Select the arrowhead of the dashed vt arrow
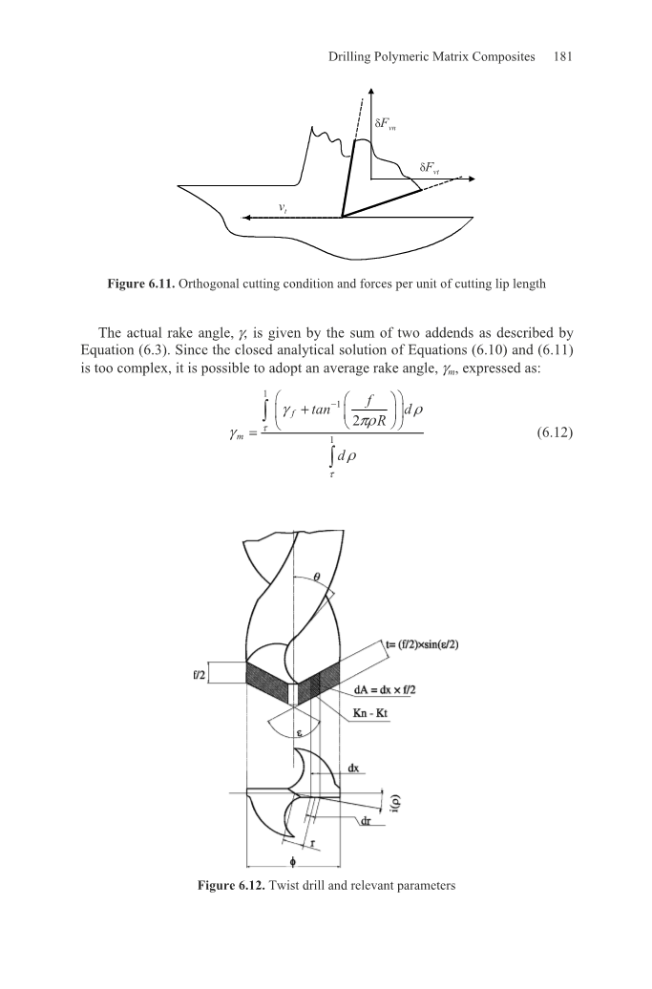[x=247, y=218]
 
